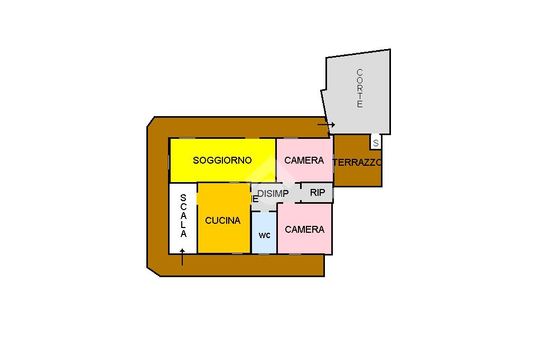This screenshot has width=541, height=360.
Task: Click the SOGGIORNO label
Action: pos(222,160)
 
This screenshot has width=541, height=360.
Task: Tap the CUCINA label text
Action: pos(222,221)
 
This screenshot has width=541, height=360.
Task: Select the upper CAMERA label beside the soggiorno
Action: pos(304,160)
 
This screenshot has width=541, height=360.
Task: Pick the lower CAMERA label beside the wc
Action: pos(304,230)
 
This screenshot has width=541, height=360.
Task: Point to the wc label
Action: pos(265,235)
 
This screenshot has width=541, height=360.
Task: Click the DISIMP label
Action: pos(273,194)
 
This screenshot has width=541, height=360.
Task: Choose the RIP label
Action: pos(318,193)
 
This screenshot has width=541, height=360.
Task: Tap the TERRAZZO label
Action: pos(357,163)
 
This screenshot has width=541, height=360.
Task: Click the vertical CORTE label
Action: pos(360,88)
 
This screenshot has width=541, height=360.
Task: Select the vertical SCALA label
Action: pos(183,216)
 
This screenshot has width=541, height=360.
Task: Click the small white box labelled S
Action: pos(376,143)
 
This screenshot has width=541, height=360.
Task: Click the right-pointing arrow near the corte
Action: pos(327,125)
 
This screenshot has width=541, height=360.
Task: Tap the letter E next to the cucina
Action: pos(255,199)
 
